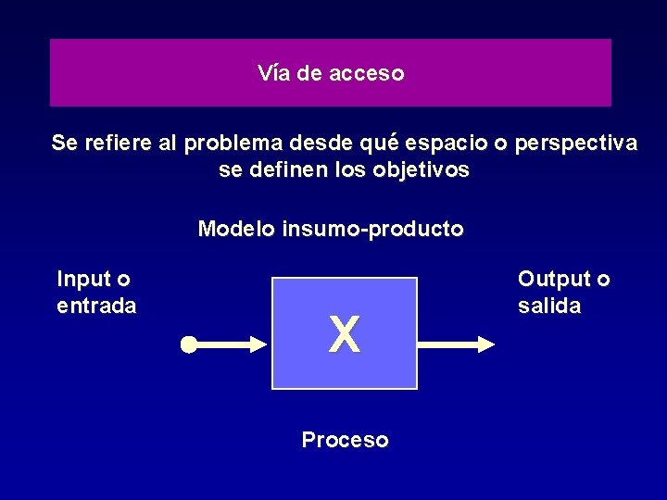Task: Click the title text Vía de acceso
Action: coord(331,73)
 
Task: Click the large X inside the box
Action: coord(344,334)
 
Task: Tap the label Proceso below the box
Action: coord(345,440)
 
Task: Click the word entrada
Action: coord(96,306)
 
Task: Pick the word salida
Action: coord(549,306)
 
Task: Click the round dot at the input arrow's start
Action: coord(188,345)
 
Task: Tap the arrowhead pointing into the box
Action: coord(257,345)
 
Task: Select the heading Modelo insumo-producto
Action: coord(331,229)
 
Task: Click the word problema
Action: coord(233,144)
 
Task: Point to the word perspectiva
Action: coord(576,144)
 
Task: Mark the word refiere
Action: coord(118,144)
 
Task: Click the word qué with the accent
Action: coord(380,144)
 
